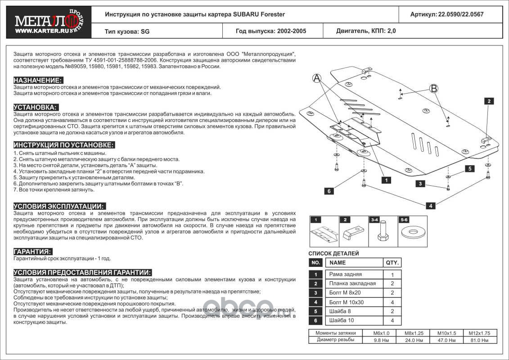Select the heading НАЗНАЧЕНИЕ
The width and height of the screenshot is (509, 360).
[x=38, y=80]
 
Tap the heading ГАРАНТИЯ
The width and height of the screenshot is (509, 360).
[x=33, y=251]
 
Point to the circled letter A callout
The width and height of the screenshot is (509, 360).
[x=317, y=79]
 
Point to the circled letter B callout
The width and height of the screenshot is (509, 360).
[x=433, y=89]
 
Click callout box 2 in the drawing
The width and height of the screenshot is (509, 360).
[x=489, y=101]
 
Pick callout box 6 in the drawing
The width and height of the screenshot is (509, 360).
[x=329, y=191]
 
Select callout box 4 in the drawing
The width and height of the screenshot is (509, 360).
[x=431, y=206]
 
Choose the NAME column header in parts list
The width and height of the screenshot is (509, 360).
[x=338, y=263]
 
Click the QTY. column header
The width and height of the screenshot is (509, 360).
[x=392, y=263]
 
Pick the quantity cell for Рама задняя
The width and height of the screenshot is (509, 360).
[x=392, y=274]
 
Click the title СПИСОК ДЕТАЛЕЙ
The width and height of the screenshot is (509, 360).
[x=333, y=254]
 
